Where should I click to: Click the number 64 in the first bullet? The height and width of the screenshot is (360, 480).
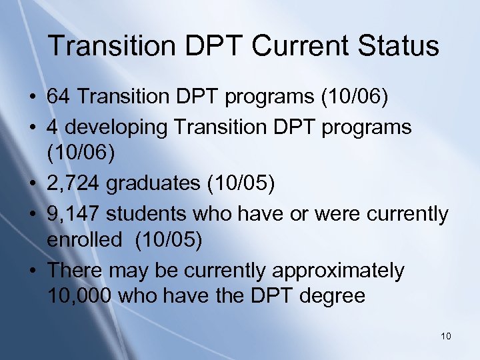tap(59, 97)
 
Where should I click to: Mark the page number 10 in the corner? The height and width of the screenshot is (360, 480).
tap(446, 336)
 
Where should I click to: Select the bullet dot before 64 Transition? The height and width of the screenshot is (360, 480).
tap(33, 97)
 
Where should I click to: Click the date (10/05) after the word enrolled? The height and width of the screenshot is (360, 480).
tap(168, 241)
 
